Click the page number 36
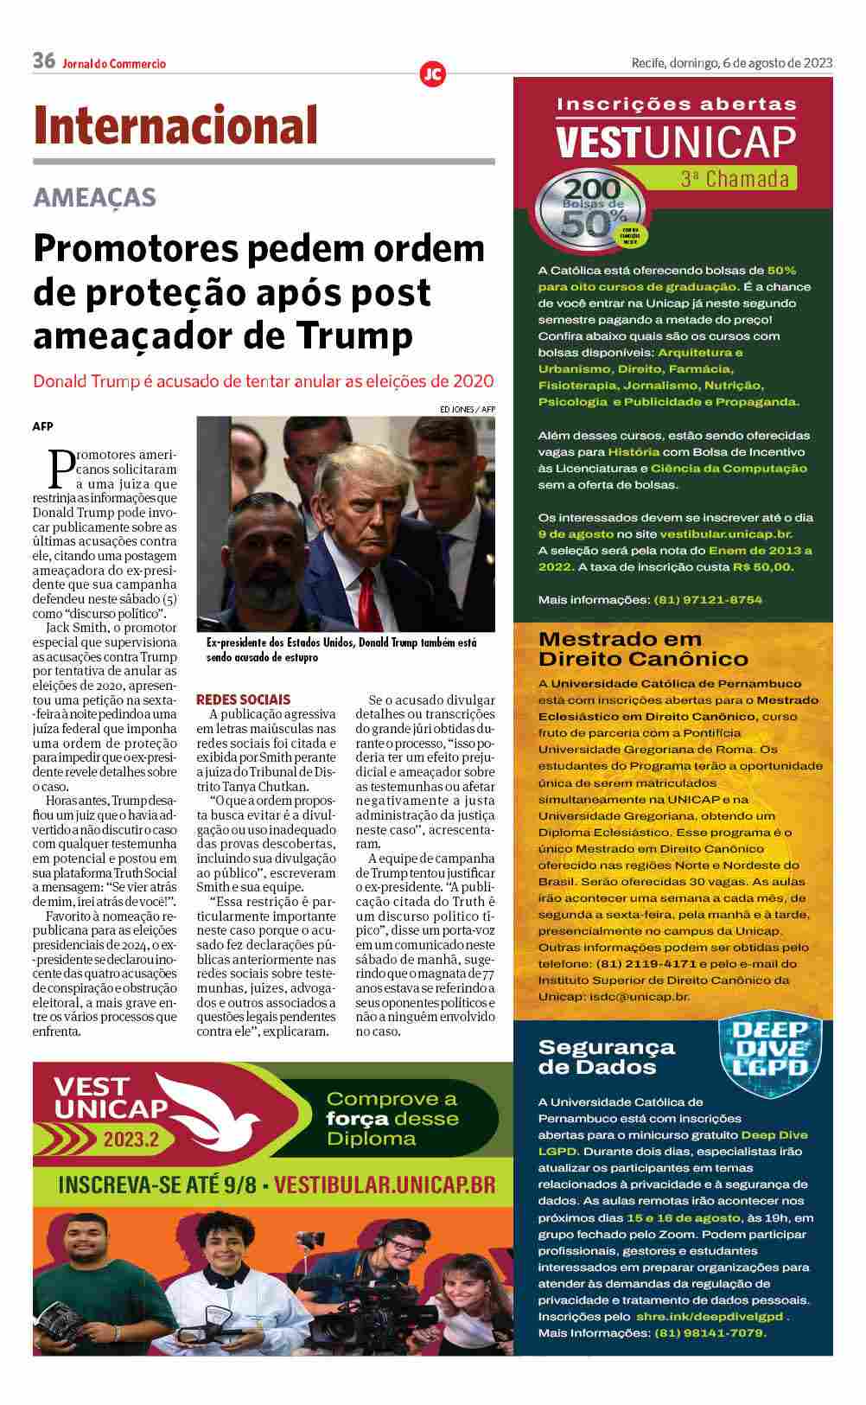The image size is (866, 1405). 44,61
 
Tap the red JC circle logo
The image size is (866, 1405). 432,74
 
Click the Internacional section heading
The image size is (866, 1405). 176,125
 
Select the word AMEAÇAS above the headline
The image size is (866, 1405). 95,197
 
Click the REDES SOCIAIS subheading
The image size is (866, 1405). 244,699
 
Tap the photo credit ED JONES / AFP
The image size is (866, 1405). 467,409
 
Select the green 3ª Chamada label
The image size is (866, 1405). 735,179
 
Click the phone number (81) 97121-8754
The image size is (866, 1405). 708,599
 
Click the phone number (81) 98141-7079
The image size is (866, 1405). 710,1332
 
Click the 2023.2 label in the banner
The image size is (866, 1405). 132,1140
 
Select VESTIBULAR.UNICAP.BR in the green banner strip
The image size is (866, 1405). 385,1185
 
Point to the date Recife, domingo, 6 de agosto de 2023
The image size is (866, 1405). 731,62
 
